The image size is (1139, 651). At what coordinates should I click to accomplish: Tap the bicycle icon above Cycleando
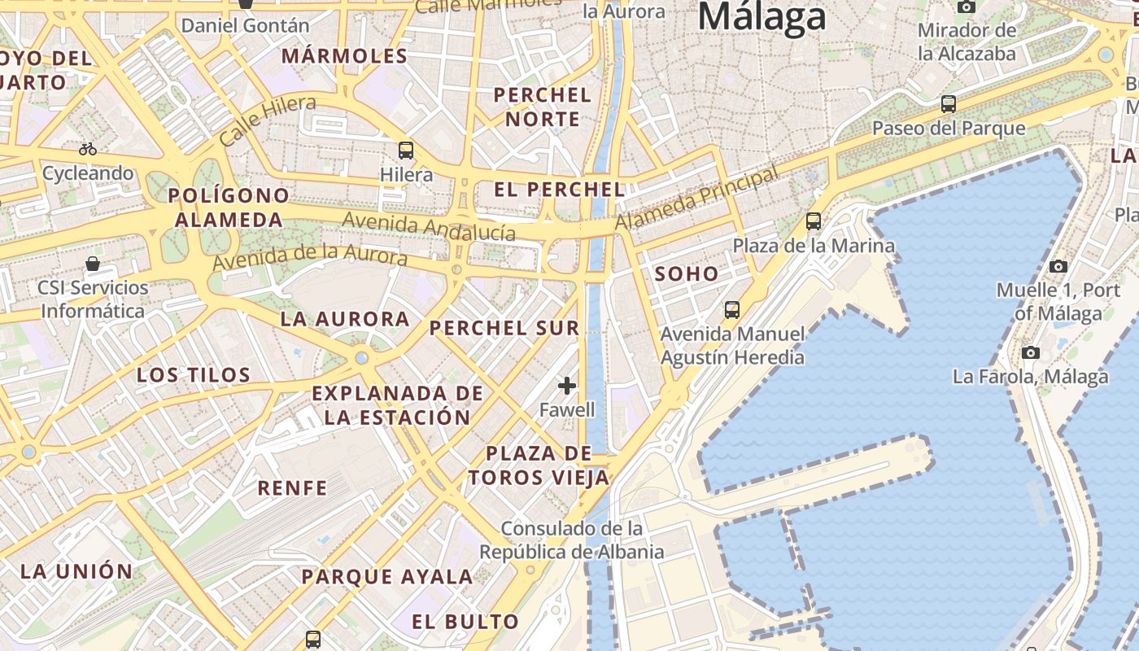[88, 149]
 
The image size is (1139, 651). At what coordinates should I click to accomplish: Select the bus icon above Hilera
[406, 151]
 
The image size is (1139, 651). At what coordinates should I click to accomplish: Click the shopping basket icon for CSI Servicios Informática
[93, 264]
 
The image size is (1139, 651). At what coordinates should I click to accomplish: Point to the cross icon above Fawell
[567, 385]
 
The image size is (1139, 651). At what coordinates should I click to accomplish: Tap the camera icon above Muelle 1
[1058, 266]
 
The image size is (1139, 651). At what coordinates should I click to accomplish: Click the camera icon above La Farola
[1031, 352]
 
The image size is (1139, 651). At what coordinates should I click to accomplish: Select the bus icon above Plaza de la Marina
[813, 221]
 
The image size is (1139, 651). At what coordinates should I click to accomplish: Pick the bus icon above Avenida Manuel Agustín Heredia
[732, 309]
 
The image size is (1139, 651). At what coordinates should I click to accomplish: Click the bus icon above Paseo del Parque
[949, 103]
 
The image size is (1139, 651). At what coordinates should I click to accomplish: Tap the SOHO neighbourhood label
[687, 274]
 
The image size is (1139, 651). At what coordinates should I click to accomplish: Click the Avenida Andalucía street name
[429, 226]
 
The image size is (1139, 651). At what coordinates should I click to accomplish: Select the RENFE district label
[292, 488]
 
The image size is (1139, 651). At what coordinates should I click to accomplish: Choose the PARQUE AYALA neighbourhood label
[387, 577]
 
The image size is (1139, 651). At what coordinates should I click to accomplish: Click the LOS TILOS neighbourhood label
[194, 375]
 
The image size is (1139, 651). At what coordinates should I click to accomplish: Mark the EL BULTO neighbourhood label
[465, 622]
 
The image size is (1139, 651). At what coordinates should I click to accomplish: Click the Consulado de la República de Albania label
[571, 540]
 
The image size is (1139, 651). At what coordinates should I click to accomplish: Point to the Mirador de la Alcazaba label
[967, 42]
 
